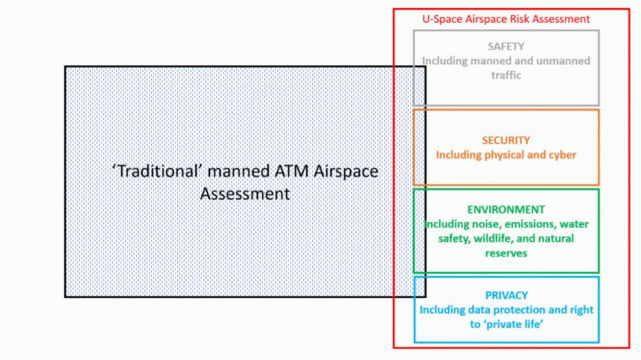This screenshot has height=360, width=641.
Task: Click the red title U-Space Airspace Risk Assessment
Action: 506,19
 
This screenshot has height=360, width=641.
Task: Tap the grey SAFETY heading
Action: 506,47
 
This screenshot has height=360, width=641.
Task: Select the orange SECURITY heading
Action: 506,140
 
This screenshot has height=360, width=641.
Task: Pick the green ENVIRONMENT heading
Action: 506,209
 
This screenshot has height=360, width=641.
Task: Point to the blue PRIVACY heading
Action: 506,295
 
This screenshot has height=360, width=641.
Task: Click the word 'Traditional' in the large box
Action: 157,171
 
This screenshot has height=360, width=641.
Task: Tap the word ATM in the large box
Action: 292,171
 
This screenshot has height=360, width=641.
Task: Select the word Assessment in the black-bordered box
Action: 245,194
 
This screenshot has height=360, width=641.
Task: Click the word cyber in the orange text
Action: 563,155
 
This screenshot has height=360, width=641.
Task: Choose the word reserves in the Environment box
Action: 506,253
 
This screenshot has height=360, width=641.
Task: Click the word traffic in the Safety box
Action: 506,76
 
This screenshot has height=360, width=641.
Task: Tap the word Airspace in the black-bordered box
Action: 346,172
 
